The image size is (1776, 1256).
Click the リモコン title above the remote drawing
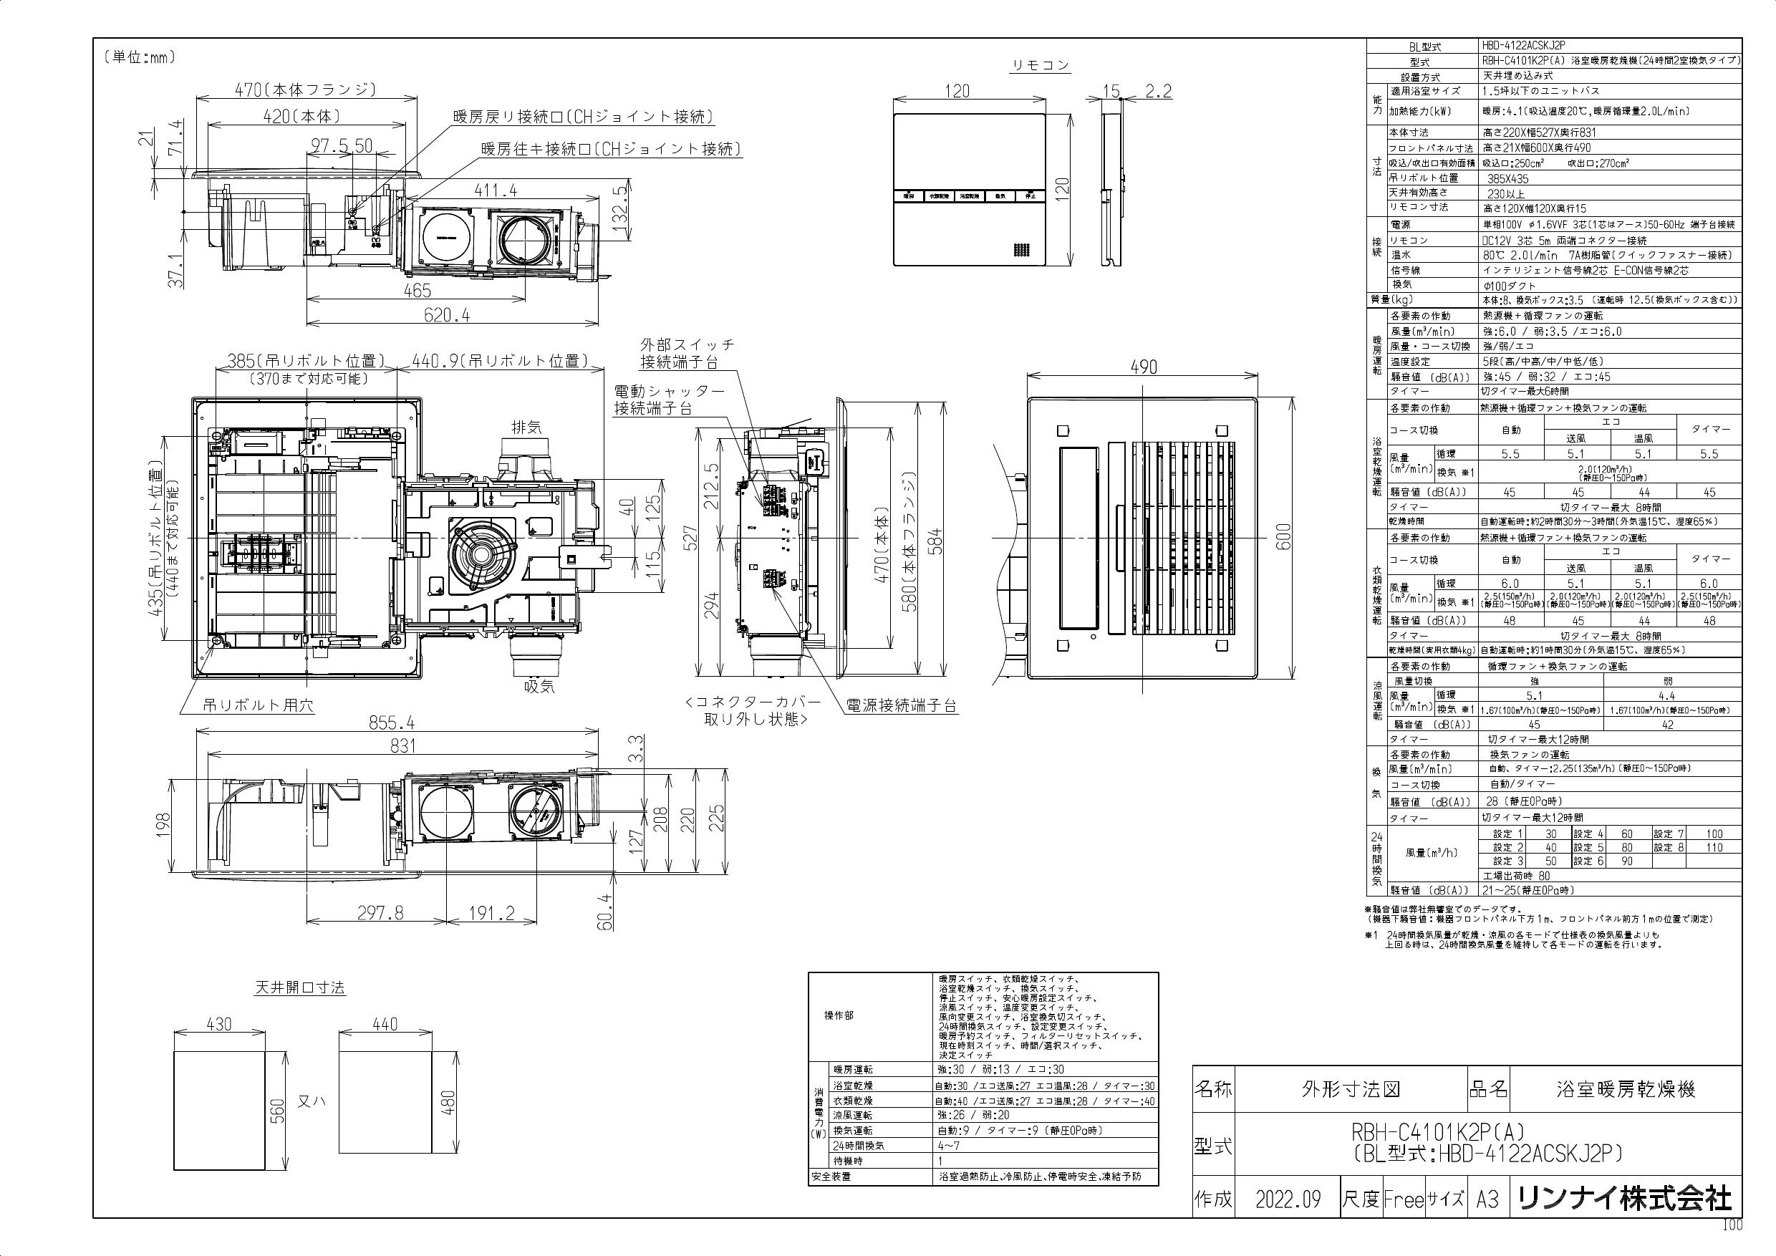tap(1041, 66)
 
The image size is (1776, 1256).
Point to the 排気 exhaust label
tap(527, 427)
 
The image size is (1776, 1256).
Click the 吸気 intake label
tap(539, 686)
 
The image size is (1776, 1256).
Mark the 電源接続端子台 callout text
tap(901, 705)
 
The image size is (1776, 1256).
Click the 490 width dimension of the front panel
tap(1143, 367)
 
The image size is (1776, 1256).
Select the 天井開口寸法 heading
tap(300, 987)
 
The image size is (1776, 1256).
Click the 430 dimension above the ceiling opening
tap(219, 1024)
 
